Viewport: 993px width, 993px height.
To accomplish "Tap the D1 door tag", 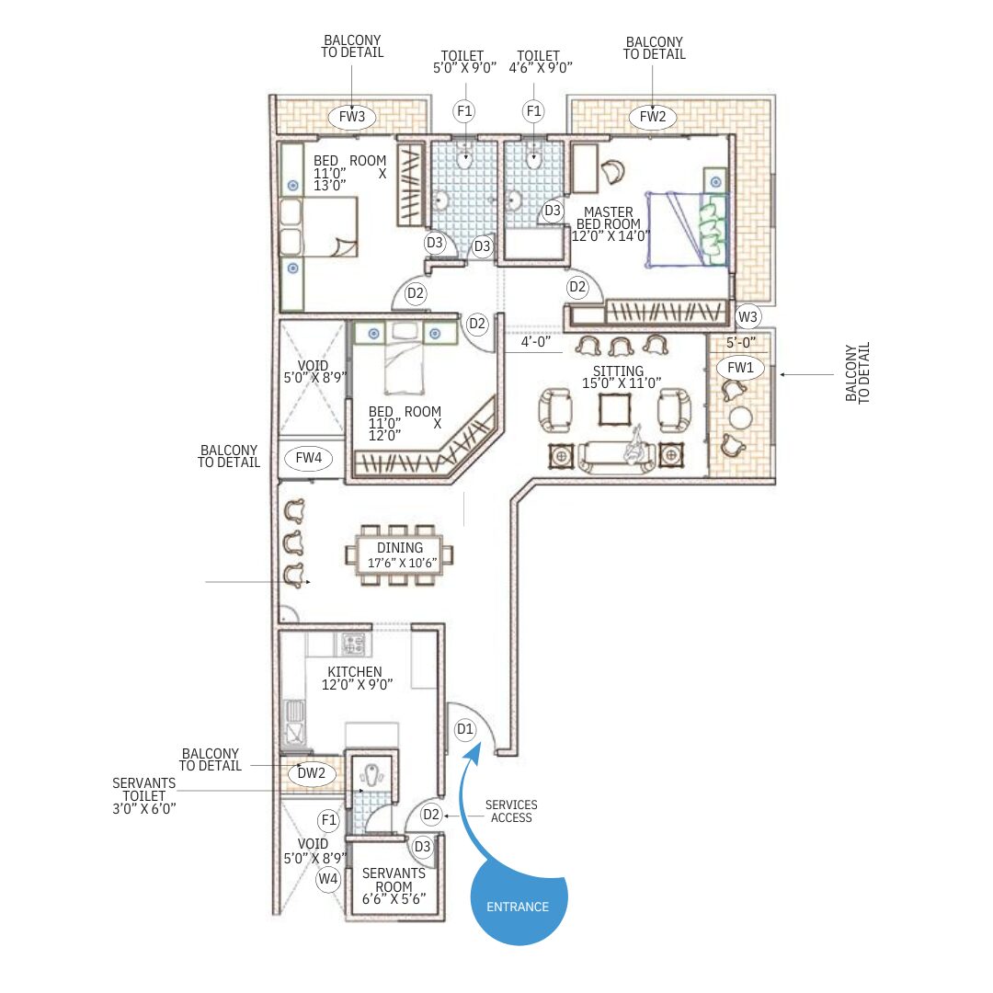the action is [x=465, y=729].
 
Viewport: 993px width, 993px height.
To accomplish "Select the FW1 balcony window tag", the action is [x=740, y=367].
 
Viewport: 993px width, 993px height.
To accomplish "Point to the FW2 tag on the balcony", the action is [x=652, y=117].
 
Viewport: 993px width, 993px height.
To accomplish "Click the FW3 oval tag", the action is [x=352, y=117].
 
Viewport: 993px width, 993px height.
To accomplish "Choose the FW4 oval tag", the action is [x=308, y=457].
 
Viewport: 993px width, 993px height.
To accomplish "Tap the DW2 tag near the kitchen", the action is [x=311, y=772].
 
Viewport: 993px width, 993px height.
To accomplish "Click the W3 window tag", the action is [x=748, y=316].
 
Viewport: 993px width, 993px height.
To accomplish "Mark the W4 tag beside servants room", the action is [x=328, y=879].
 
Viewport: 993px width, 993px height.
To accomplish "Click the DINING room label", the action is [x=400, y=547].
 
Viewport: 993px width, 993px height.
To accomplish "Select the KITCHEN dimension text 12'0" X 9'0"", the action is [x=357, y=685].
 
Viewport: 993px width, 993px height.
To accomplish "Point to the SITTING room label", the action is [x=618, y=371].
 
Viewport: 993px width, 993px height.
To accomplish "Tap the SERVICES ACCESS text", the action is [x=511, y=811].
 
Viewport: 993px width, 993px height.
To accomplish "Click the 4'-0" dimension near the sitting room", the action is [x=536, y=342].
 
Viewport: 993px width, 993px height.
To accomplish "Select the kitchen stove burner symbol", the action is [x=353, y=645].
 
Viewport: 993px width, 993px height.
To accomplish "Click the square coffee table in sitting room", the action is [x=614, y=410].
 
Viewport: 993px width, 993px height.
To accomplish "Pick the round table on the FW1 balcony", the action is [x=739, y=418].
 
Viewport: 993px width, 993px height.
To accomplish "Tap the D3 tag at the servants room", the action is [x=422, y=847].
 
